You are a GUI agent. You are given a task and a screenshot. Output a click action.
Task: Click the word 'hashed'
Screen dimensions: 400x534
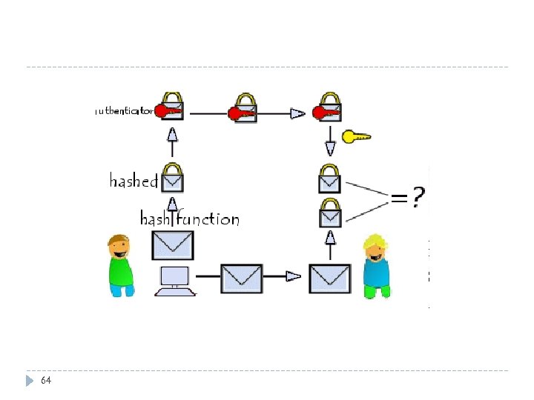133,181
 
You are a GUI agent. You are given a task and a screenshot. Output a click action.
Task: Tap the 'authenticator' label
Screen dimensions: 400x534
125,111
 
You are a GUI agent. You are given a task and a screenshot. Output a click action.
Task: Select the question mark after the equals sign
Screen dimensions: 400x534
419,197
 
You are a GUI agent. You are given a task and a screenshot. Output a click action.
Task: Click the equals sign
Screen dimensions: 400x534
399,198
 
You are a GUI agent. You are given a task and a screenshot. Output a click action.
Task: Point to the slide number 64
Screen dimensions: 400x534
46,380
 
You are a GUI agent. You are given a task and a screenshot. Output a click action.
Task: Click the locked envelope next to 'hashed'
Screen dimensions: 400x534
173,177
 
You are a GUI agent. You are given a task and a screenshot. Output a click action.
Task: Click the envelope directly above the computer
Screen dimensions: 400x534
172,243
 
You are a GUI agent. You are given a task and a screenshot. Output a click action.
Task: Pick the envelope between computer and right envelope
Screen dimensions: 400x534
242,277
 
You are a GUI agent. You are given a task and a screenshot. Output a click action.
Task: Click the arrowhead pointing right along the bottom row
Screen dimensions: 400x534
294,276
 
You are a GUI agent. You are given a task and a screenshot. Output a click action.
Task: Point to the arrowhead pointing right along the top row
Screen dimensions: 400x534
297,113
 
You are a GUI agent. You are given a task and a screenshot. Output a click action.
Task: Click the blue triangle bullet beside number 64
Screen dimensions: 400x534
30,381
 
